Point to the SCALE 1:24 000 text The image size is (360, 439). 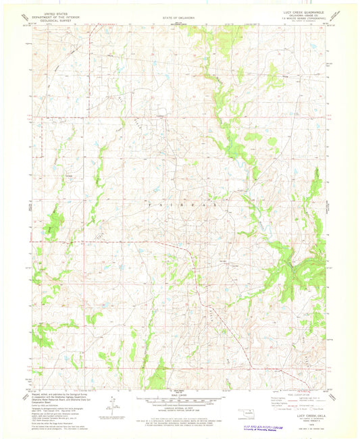pyautogui.click(x=179, y=398)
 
